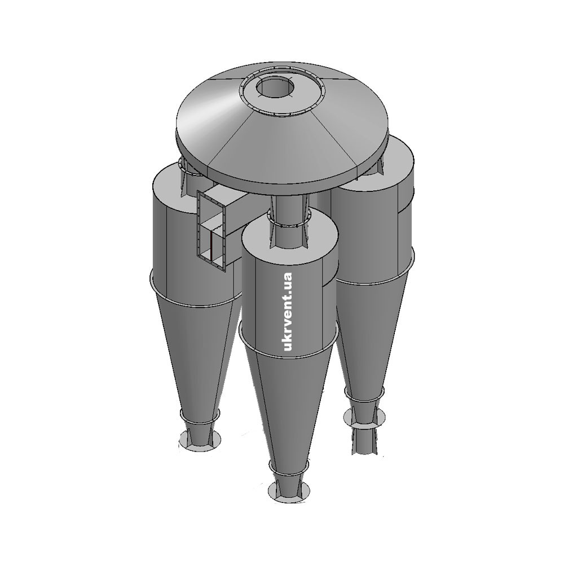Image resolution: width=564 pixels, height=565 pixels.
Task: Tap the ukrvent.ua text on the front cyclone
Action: coord(288,312)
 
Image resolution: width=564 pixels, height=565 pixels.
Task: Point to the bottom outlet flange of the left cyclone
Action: coord(200,441)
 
